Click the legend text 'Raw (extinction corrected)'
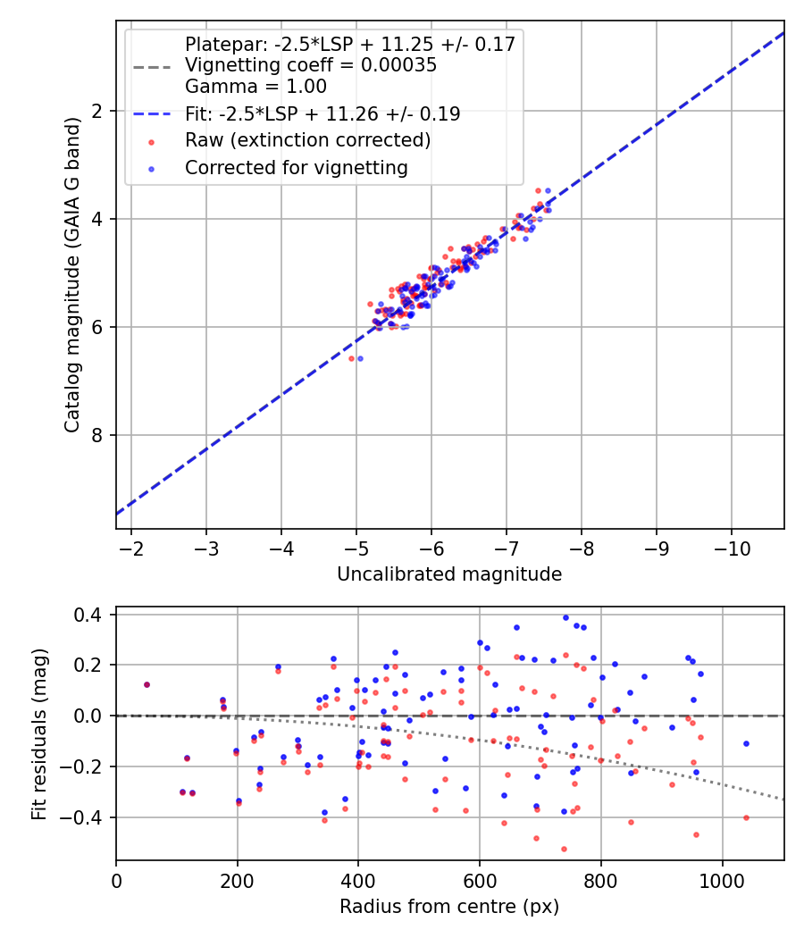tap(307, 140)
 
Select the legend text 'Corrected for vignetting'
tap(296, 167)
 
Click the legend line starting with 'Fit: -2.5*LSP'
tap(322, 113)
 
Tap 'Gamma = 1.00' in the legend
tap(255, 87)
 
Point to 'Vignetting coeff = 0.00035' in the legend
tap(311, 65)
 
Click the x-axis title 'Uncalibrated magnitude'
tap(449, 574)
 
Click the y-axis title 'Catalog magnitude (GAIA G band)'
tap(72, 274)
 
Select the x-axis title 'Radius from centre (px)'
tap(449, 907)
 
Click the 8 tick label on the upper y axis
tap(97, 435)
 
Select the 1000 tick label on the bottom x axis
tap(722, 880)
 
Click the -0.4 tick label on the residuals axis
tap(88, 817)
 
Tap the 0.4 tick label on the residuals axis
tap(92, 615)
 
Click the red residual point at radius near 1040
tap(746, 817)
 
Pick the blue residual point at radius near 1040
tap(746, 743)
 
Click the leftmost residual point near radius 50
tap(147, 685)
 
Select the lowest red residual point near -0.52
tap(564, 849)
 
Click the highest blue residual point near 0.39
tap(565, 617)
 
